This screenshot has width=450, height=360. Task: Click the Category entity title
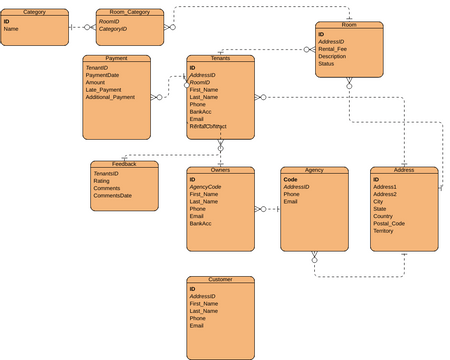[34, 12]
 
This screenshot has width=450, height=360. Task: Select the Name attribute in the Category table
[11, 29]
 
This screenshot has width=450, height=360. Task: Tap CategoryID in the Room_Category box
[112, 29]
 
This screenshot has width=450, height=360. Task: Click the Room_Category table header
[129, 12]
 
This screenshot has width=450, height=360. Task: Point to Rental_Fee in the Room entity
[333, 49]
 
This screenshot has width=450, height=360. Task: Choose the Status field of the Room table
[326, 63]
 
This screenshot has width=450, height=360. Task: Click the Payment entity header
[116, 59]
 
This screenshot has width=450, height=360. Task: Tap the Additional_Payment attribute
[109, 97]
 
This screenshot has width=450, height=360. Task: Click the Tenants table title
[220, 59]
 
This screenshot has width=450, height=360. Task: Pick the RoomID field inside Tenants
[199, 82]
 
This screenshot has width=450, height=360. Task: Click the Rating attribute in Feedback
[101, 181]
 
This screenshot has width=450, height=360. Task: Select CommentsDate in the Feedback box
[112, 195]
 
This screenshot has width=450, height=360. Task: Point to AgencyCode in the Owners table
[205, 187]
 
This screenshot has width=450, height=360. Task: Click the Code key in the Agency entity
[290, 180]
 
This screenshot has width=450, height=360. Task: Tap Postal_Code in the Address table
[389, 223]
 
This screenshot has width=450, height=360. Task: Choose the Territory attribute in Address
[383, 230]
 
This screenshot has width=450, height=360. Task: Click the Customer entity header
[220, 280]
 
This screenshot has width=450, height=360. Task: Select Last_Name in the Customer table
[204, 311]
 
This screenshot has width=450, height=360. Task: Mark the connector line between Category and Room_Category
[83, 27]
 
